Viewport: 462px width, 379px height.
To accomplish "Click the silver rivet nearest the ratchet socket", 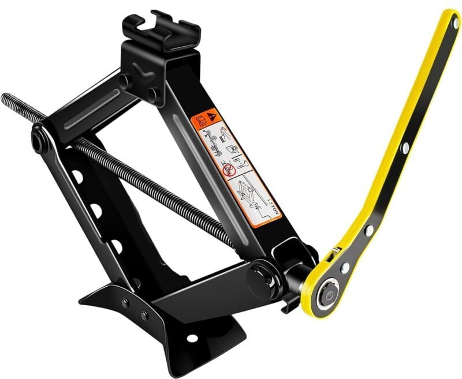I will click(x=345, y=269).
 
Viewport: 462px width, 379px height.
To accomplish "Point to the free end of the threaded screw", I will click(x=5, y=96).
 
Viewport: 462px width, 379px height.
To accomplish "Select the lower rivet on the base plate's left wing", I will click(x=144, y=316).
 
